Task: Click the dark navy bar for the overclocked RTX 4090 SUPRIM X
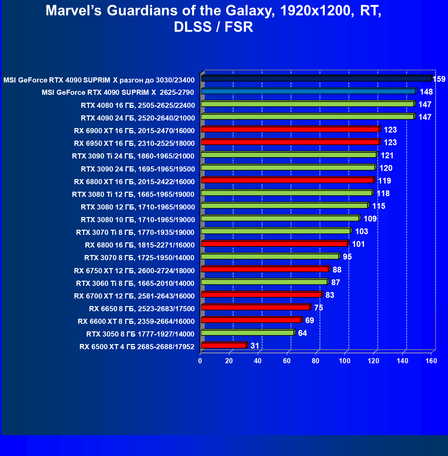316,79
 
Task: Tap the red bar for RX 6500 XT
224,345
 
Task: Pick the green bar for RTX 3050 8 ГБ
247,333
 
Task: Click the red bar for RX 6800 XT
287,180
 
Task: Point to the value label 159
439,79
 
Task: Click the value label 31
255,346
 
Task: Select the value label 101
358,244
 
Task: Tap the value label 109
370,219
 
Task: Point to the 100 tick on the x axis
345,360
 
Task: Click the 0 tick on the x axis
200,360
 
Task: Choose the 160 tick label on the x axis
431,360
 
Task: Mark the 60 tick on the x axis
287,360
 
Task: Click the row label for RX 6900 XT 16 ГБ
134,130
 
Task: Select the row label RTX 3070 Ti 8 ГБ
135,232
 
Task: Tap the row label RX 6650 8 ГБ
142,308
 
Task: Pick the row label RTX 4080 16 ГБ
138,105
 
